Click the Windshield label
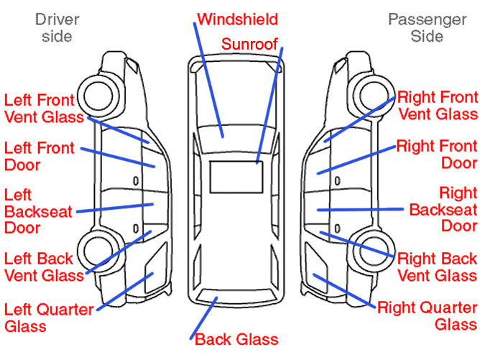pyautogui.click(x=237, y=17)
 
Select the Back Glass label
pyautogui.click(x=236, y=338)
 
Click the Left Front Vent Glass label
pyautogui.click(x=44, y=108)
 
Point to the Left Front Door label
pyautogui.click(x=40, y=156)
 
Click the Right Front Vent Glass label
pyautogui.click(x=437, y=105)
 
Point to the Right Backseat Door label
pyautogui.click(x=443, y=210)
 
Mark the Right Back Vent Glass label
pyautogui.click(x=437, y=266)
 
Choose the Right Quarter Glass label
pyautogui.click(x=428, y=316)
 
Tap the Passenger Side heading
pyautogui.click(x=427, y=27)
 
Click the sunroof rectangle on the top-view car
pyautogui.click(x=235, y=175)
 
